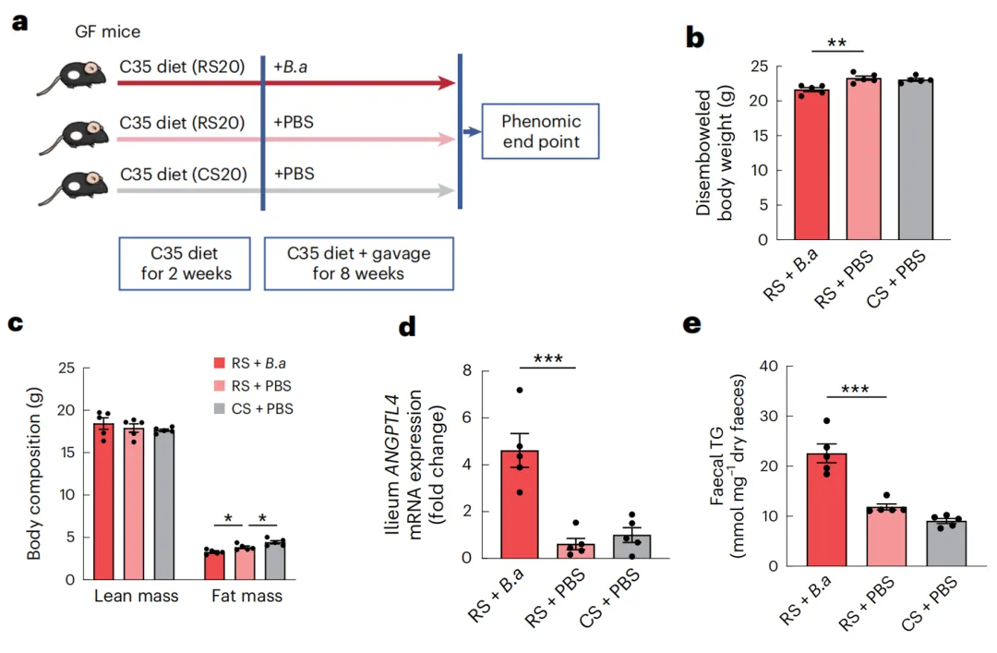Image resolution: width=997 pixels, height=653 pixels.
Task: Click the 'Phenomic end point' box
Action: point(541,133)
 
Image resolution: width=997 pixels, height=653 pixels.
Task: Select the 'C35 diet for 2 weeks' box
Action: point(185,262)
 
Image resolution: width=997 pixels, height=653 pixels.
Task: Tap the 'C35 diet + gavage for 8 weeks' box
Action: point(358,262)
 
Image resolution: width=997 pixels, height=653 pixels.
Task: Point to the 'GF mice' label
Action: point(108,32)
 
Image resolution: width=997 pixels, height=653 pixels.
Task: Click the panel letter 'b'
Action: point(695,38)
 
